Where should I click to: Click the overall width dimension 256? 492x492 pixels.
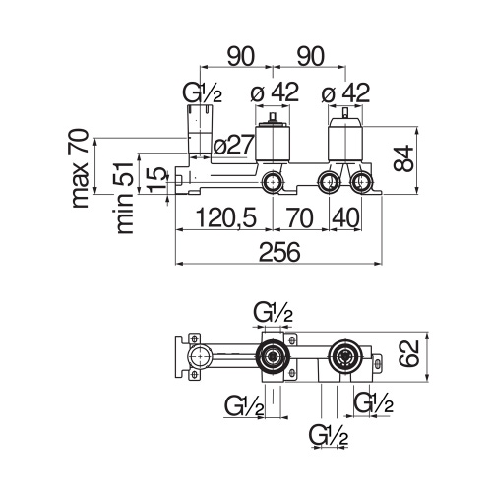(x=279, y=252)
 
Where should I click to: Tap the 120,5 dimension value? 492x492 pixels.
(x=226, y=218)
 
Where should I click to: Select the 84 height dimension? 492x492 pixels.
(x=403, y=158)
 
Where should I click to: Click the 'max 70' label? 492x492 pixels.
(x=80, y=168)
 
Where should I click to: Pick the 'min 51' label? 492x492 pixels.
(x=125, y=198)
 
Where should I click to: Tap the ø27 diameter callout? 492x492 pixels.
(x=233, y=145)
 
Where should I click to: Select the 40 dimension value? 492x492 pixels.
(x=346, y=218)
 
